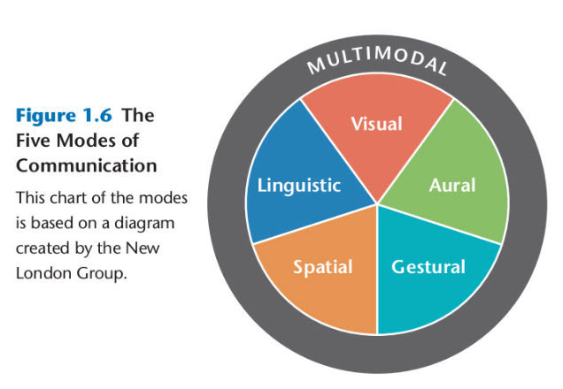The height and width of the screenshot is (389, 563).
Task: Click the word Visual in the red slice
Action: coord(376,124)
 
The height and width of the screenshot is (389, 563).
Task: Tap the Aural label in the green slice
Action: coord(451,186)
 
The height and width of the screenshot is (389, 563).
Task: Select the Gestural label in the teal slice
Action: coord(428,266)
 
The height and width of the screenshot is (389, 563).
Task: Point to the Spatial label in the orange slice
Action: coord(322,266)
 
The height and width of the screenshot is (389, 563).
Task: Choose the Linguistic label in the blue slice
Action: coord(298,186)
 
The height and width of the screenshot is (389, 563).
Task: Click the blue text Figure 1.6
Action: coord(64,116)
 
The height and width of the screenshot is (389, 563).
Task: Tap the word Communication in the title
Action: coord(87,165)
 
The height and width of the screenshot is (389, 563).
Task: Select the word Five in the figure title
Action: coord(35,141)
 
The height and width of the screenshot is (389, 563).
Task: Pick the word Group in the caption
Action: coord(104,271)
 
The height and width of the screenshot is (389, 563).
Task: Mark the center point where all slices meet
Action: coord(378,205)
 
